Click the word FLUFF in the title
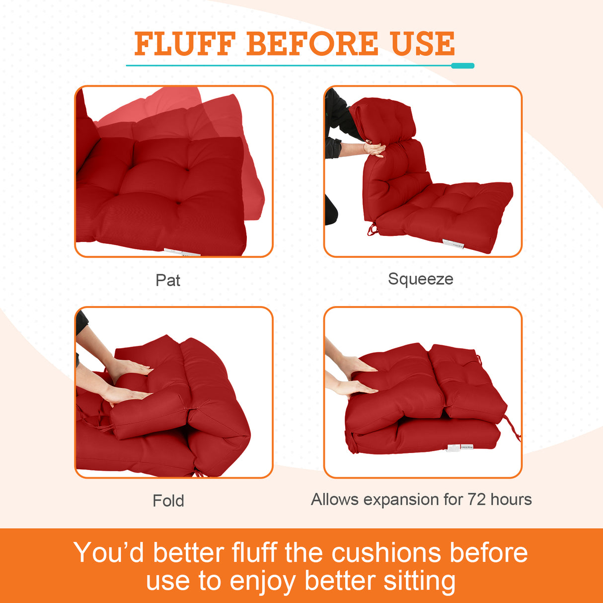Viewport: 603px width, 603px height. pos(184,44)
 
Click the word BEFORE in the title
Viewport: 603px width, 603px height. pos(312,44)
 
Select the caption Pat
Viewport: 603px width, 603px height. pos(168,280)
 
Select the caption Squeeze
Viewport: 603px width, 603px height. pos(420,279)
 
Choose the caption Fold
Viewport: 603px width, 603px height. pos(168,501)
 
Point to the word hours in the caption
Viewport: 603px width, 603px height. pos(511,499)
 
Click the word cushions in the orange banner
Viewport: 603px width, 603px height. pos(386,553)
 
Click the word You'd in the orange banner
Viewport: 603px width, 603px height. pos(108,553)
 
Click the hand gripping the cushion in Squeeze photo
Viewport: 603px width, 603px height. pos(374,149)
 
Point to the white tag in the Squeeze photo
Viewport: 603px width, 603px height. pos(452,243)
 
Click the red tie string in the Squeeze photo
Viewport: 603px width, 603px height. pos(372,230)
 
